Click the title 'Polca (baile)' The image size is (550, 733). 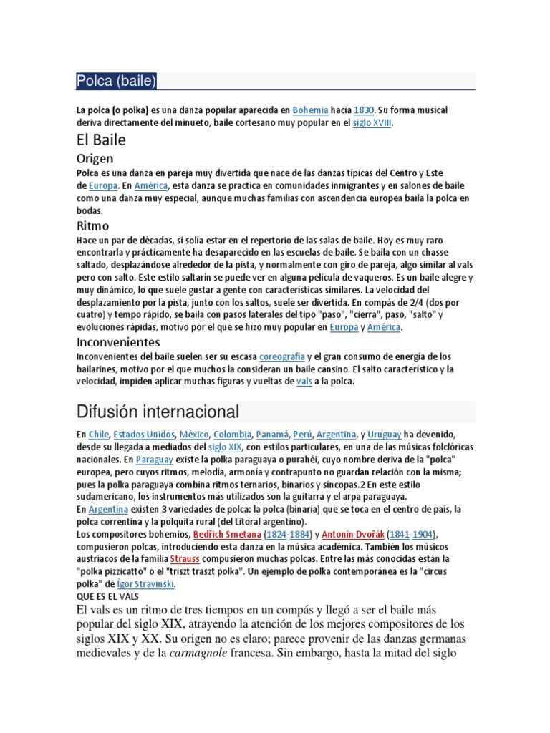tap(116, 82)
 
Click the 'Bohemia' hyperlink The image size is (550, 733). tap(310, 110)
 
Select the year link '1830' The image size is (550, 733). tap(364, 110)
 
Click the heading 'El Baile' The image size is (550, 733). tap(101, 141)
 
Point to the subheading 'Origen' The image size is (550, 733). tap(95, 159)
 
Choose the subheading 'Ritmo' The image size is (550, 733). tap(93, 226)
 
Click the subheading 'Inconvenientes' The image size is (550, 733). tap(118, 342)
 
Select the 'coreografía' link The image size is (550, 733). tap(282, 356)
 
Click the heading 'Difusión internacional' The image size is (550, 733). tap(158, 412)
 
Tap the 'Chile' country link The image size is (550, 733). tap(98, 434)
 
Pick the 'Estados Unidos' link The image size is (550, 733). tap(144, 434)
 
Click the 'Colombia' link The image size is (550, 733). tap(231, 434)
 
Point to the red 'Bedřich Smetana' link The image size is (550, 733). tap(226, 534)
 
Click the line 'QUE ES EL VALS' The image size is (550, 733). tap(107, 596)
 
